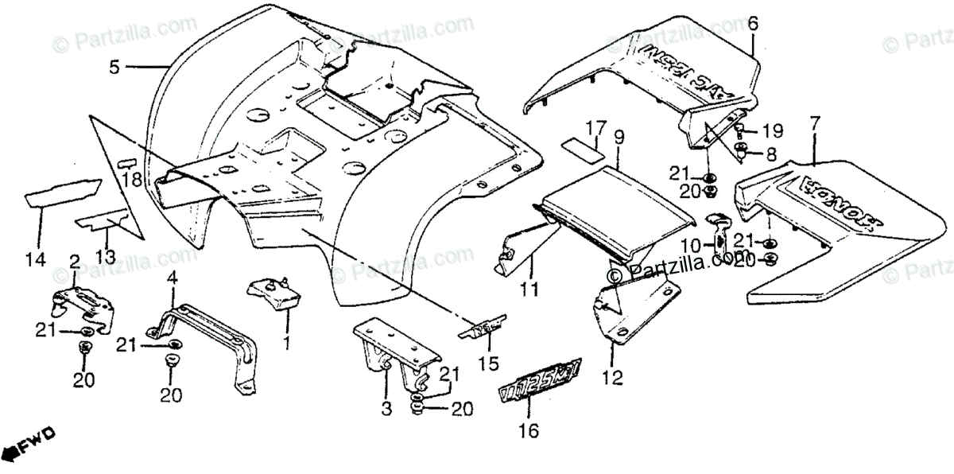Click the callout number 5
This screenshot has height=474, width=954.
pyautogui.click(x=114, y=68)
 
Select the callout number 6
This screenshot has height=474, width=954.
pyautogui.click(x=752, y=24)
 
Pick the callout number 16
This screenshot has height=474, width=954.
pyautogui.click(x=529, y=432)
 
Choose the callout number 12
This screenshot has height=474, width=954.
pyautogui.click(x=612, y=377)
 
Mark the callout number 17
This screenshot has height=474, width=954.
pyautogui.click(x=596, y=127)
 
